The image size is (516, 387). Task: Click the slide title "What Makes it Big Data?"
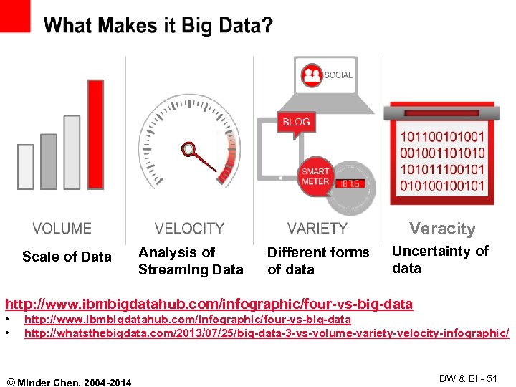pyautogui.click(x=158, y=27)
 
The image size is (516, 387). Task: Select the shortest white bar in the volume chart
pyautogui.click(x=26, y=167)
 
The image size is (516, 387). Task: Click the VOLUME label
pyautogui.click(x=62, y=229)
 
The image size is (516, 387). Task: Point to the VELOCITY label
pyautogui.click(x=189, y=229)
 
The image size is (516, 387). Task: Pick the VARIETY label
pyautogui.click(x=317, y=229)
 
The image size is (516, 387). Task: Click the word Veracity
pyautogui.click(x=442, y=229)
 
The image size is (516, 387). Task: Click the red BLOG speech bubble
pyautogui.click(x=296, y=123)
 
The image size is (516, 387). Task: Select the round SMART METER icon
pyautogui.click(x=316, y=176)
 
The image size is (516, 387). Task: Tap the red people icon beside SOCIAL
pyautogui.click(x=312, y=75)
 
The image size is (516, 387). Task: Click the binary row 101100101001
pyautogui.click(x=442, y=136)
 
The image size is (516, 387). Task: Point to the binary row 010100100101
pyautogui.click(x=442, y=186)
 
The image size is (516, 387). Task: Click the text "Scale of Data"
pyautogui.click(x=67, y=257)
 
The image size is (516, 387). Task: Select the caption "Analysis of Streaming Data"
pyautogui.click(x=191, y=261)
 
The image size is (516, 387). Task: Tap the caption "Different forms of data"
pyautogui.click(x=317, y=261)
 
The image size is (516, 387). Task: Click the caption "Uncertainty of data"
pyautogui.click(x=439, y=259)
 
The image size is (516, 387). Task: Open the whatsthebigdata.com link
pyautogui.click(x=267, y=333)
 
